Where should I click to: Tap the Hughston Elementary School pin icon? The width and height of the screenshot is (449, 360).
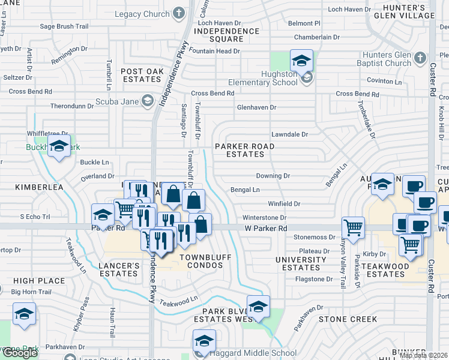click(x=301, y=60)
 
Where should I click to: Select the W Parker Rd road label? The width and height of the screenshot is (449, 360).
click(x=265, y=229)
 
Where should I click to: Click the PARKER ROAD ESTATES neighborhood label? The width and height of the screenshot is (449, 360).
click(x=245, y=150)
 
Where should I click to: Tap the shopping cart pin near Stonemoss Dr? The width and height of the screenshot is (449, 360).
click(x=353, y=228)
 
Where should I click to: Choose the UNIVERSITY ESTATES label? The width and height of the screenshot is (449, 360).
click(x=301, y=263)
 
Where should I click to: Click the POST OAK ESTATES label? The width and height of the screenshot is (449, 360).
click(x=142, y=75)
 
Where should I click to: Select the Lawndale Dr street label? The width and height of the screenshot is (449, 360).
click(x=289, y=135)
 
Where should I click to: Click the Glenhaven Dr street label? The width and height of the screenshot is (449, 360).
click(x=256, y=107)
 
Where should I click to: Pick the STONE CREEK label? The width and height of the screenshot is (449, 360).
click(x=348, y=319)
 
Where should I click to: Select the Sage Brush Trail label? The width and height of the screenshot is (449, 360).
click(x=64, y=26)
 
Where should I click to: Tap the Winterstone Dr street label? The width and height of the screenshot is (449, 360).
click(x=264, y=218)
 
